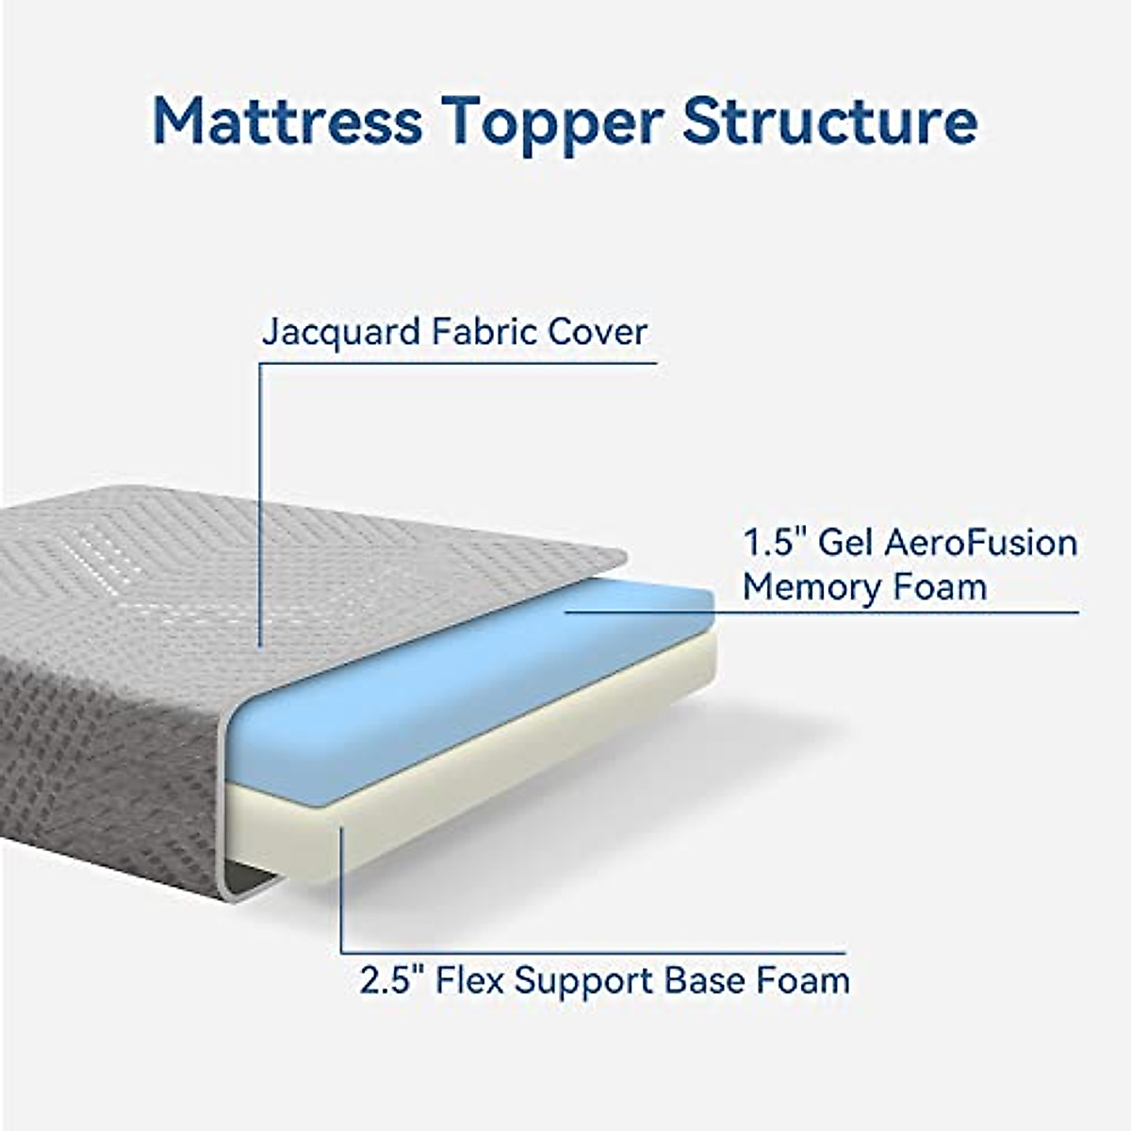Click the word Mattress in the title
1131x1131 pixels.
[287, 121]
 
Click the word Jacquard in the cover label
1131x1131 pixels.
[340, 334]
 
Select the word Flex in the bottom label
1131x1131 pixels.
[474, 980]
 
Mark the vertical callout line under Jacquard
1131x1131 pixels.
[260, 500]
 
